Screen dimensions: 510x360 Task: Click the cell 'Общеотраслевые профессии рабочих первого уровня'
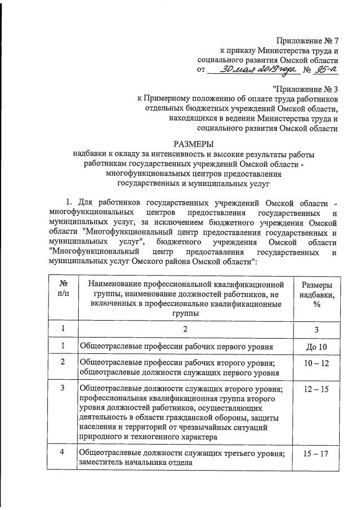click(x=177, y=346)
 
